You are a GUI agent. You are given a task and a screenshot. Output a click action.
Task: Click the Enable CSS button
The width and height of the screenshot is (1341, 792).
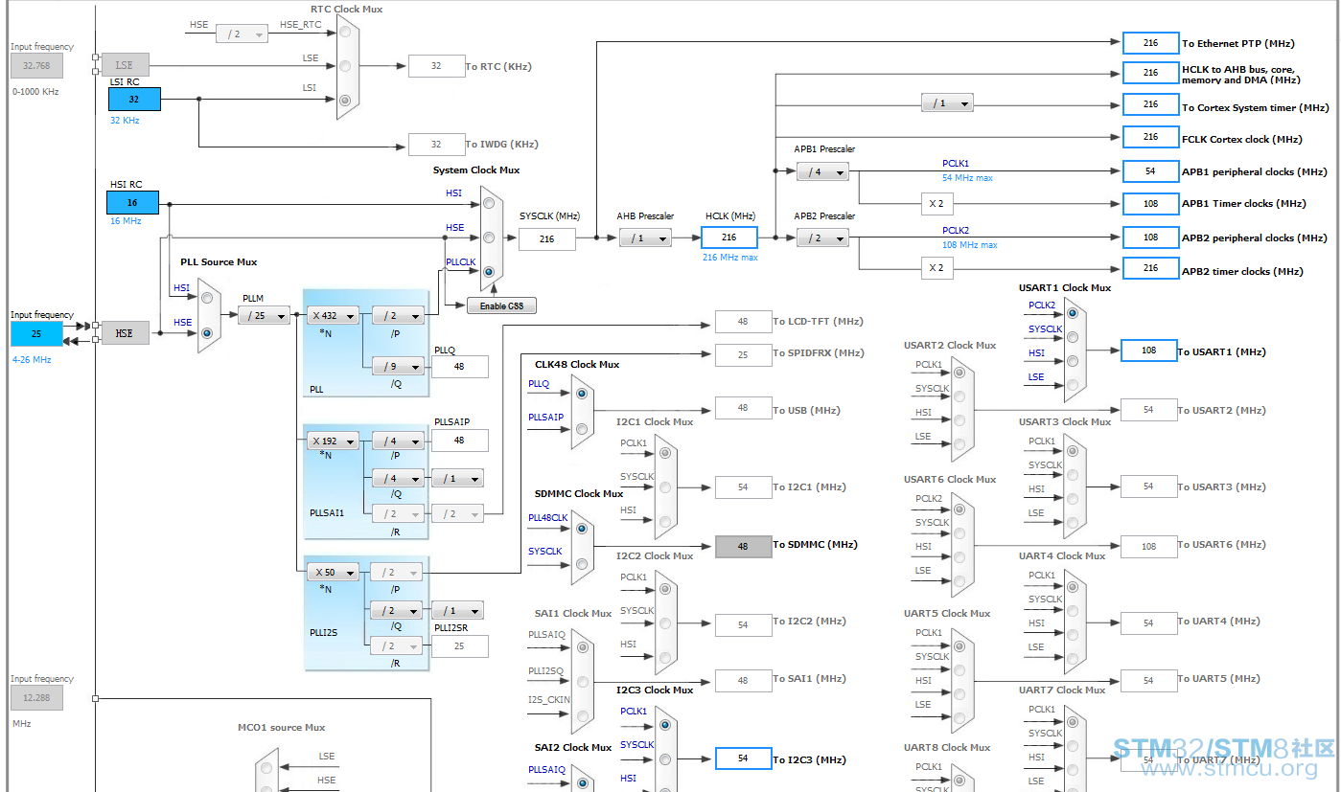(501, 305)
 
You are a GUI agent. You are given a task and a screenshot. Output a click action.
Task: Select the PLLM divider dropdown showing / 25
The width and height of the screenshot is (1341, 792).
(264, 315)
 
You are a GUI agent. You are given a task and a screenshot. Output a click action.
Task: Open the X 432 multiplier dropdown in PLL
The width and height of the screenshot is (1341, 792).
(333, 315)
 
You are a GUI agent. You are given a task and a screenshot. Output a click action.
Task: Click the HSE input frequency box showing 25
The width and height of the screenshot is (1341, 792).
(36, 334)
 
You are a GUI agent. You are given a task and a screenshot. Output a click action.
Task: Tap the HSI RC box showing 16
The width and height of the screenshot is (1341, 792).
(132, 202)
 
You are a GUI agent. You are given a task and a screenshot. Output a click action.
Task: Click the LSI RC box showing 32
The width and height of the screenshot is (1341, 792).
(134, 100)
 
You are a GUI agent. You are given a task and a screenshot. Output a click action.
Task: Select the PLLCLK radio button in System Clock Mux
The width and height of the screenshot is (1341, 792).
(489, 272)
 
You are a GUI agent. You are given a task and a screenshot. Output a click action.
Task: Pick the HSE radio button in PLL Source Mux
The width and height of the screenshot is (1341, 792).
(207, 333)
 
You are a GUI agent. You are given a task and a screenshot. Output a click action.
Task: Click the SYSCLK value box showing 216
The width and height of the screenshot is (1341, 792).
(547, 239)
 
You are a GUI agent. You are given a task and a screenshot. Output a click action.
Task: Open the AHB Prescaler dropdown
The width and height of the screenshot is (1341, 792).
(645, 238)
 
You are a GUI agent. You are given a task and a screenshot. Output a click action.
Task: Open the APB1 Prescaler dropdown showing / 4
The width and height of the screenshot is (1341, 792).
(822, 172)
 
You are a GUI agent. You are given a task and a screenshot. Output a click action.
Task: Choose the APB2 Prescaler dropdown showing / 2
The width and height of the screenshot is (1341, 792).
(822, 238)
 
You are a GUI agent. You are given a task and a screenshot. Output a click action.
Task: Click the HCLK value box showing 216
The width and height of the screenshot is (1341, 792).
(729, 238)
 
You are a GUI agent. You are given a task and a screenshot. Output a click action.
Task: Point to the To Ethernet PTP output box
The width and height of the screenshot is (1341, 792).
(1150, 43)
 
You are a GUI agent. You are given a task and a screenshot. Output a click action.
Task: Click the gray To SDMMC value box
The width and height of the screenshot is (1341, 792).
(743, 546)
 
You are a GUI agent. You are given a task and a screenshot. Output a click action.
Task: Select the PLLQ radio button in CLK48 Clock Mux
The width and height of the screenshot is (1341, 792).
(582, 394)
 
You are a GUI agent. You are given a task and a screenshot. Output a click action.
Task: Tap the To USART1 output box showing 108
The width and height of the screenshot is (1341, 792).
(1149, 351)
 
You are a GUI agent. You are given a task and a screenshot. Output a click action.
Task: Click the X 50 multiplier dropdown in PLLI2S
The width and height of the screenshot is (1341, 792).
(333, 573)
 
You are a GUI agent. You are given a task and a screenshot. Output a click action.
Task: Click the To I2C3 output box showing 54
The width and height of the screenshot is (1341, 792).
(743, 758)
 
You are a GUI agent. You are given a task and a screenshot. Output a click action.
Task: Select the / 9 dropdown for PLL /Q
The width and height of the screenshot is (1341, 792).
(398, 366)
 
